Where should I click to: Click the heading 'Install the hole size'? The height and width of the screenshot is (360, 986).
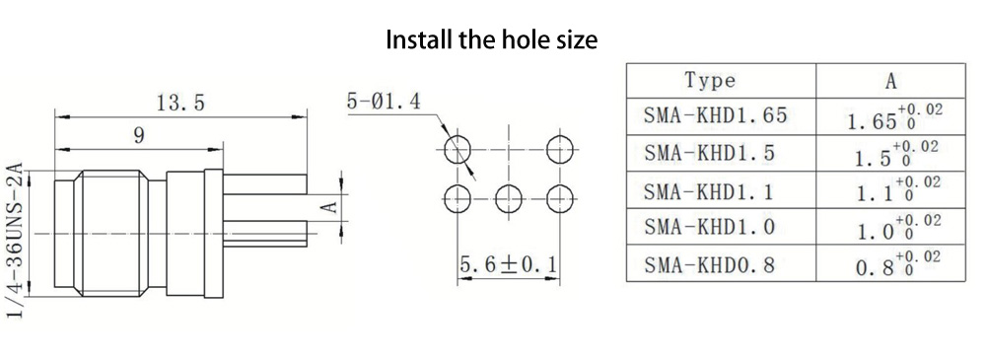tap(491, 39)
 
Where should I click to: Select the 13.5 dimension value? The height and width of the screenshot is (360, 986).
tap(180, 103)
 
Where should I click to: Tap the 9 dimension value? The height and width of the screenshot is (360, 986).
tap(139, 135)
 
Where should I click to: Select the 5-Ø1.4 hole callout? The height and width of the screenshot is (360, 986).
tap(384, 102)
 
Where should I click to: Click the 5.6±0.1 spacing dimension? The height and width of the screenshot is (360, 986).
tap(508, 265)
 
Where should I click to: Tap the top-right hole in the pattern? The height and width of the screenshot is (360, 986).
tap(560, 150)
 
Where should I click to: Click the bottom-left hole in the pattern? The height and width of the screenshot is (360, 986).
tap(458, 199)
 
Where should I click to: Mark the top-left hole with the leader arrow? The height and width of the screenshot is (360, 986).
tap(458, 150)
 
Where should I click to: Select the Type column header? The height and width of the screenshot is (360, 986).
tap(710, 81)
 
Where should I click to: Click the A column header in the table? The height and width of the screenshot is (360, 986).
tap(891, 81)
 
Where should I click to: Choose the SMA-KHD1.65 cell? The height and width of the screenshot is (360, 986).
tap(716, 115)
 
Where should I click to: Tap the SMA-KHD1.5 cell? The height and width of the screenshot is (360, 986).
tap(709, 153)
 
